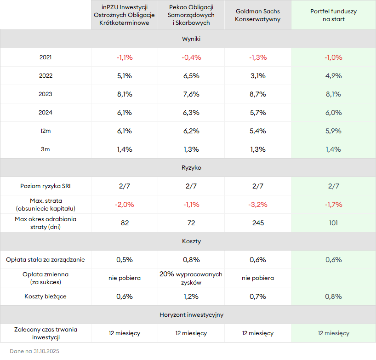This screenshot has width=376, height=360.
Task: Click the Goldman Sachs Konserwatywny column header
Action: tap(257, 15)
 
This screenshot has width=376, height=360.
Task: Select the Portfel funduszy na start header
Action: tap(333, 15)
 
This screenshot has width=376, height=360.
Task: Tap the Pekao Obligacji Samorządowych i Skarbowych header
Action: tap(191, 15)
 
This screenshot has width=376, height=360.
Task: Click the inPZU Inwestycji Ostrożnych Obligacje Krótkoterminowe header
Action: tap(124, 15)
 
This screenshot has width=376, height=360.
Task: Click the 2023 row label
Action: tap(46, 94)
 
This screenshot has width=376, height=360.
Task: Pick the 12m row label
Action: tap(46, 131)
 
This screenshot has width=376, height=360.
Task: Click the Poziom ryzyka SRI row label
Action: tap(46, 186)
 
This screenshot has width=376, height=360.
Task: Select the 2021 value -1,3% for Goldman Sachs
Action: tap(257, 57)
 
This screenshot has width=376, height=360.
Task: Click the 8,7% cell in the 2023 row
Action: tap(257, 94)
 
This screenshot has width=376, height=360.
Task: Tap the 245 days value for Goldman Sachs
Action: tap(257, 223)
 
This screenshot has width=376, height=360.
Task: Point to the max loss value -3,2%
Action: tap(257, 205)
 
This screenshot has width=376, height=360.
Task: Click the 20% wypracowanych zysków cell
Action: tap(191, 278)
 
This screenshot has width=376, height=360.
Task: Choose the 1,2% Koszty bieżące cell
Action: tap(191, 297)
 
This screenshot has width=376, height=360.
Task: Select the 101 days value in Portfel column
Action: tap(333, 223)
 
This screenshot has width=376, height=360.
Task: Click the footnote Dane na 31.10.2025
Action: tap(34, 351)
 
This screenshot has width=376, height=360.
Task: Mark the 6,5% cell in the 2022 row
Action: tap(191, 76)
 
